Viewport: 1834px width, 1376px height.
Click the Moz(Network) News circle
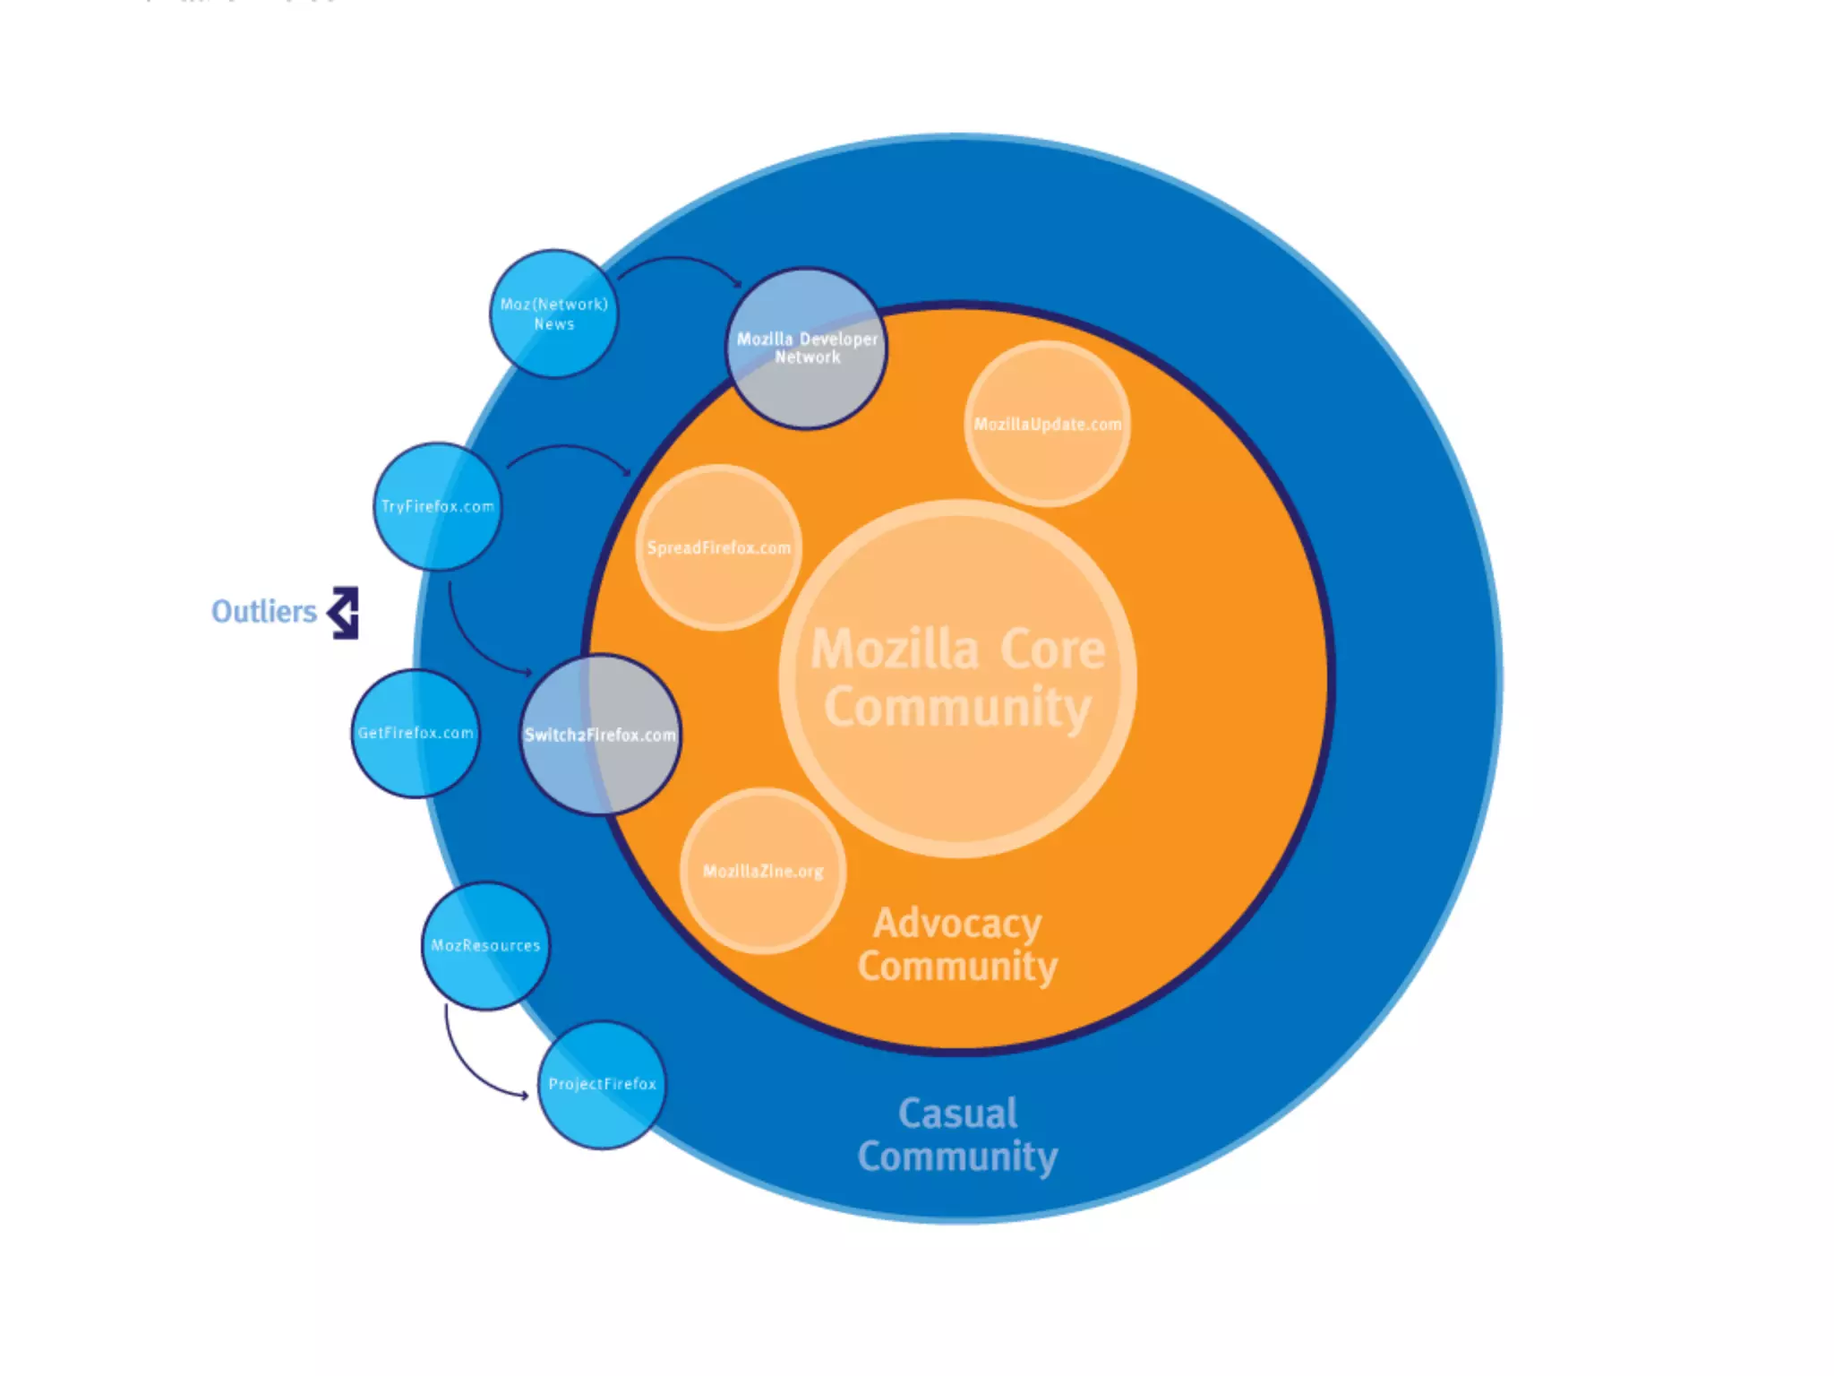tap(553, 314)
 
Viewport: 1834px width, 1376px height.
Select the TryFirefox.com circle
tap(437, 506)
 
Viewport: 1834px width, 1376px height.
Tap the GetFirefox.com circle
tap(416, 733)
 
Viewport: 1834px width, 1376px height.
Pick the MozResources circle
tap(485, 946)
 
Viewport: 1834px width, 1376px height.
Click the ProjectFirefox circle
tap(602, 1084)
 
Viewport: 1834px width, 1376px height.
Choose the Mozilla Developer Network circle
tap(806, 348)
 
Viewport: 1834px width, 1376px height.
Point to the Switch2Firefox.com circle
tap(600, 735)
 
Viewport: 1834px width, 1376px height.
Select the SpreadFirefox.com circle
tap(718, 547)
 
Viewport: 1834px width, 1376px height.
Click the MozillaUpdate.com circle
tap(1047, 424)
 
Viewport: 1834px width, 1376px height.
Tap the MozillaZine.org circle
tap(763, 871)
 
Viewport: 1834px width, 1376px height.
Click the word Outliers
tap(264, 612)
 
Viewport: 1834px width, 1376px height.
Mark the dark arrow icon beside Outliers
tap(344, 613)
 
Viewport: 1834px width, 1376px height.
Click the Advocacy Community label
tap(957, 944)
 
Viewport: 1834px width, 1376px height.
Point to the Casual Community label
tap(957, 1134)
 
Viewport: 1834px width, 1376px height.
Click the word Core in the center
tap(1052, 649)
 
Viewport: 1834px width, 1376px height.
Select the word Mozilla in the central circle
tap(895, 649)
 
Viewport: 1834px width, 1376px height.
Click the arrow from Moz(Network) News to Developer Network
tap(681, 262)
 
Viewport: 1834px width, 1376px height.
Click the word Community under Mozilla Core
tap(957, 708)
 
